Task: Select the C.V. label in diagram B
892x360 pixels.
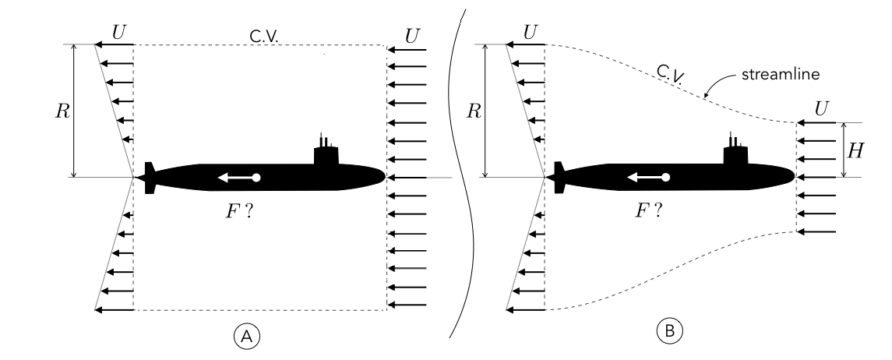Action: tap(668, 73)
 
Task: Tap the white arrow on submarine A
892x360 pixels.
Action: tap(238, 178)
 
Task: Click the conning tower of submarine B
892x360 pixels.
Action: tap(736, 151)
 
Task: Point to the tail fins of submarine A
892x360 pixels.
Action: tap(149, 178)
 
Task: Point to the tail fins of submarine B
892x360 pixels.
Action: tap(559, 178)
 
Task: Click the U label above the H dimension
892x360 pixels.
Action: tap(820, 108)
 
